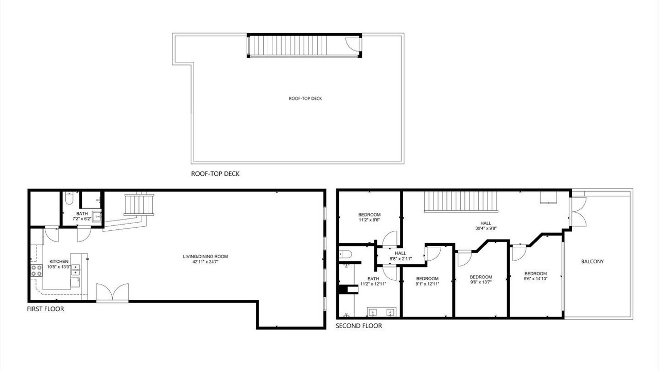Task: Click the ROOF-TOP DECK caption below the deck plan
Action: [x=215, y=174]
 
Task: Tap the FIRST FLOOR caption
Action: [x=45, y=309]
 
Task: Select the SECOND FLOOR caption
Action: [x=359, y=326]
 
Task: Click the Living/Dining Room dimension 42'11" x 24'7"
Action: [x=205, y=261]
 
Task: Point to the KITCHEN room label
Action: [x=59, y=261]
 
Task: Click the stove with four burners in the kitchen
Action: [x=37, y=271]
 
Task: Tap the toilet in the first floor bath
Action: [x=69, y=198]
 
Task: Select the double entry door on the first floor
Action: [x=112, y=293]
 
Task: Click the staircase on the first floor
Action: [x=139, y=205]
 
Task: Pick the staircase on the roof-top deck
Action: [x=288, y=46]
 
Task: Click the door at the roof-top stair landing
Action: [x=352, y=46]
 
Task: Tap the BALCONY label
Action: [x=593, y=261]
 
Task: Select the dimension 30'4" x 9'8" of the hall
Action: [x=485, y=228]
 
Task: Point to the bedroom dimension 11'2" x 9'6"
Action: [x=369, y=220]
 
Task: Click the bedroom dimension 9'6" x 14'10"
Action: [x=535, y=279]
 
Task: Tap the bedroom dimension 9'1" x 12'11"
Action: [x=427, y=284]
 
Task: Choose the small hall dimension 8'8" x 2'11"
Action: [x=401, y=259]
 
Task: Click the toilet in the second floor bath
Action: [x=345, y=254]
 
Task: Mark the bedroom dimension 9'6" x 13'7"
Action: [x=481, y=282]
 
